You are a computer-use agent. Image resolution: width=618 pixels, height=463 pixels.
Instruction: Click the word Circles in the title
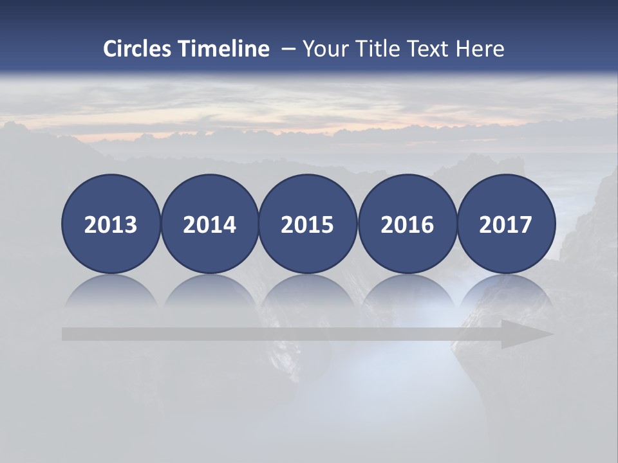138,49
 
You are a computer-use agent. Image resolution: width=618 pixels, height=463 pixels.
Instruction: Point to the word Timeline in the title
224,49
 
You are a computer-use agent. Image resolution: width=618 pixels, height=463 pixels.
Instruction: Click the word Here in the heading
480,49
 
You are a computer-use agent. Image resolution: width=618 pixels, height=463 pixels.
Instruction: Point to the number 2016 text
407,225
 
